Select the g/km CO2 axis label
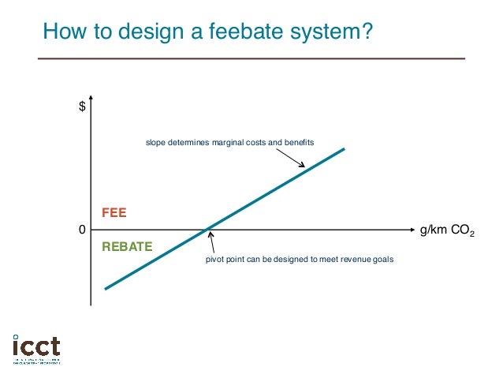[x=446, y=230]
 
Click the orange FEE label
[x=114, y=213]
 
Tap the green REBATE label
[x=127, y=248]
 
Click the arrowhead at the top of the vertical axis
[x=91, y=102]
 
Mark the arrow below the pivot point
[x=212, y=241]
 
